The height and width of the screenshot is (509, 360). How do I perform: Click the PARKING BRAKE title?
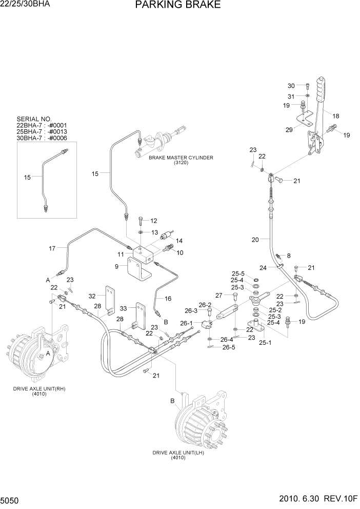pyautogui.click(x=178, y=6)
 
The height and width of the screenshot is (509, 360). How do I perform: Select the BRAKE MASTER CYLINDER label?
pyautogui.click(x=181, y=158)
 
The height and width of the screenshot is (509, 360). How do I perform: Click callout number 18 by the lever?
pyautogui.click(x=336, y=116)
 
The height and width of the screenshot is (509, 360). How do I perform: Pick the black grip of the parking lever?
pyautogui.click(x=321, y=90)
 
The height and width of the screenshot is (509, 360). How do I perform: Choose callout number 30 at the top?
pyautogui.click(x=291, y=86)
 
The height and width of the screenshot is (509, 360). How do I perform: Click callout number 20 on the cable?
pyautogui.click(x=256, y=239)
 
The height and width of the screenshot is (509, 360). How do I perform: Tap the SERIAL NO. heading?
pyautogui.click(x=34, y=119)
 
